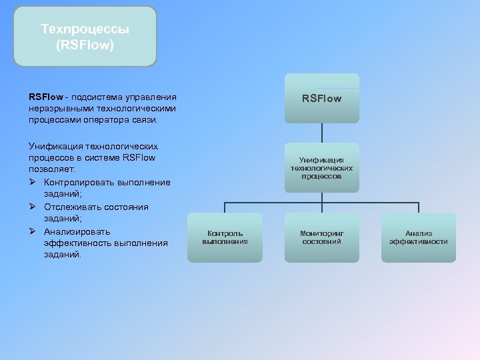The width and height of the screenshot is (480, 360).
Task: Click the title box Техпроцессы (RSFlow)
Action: click(x=85, y=37)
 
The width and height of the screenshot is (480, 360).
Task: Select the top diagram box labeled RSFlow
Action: click(x=321, y=99)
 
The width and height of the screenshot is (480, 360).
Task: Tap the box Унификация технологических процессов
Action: click(x=321, y=168)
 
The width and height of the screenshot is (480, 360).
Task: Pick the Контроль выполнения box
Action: click(x=225, y=237)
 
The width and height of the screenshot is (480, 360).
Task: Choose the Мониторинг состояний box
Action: click(x=321, y=237)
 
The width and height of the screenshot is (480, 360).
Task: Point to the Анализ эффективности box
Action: click(x=418, y=237)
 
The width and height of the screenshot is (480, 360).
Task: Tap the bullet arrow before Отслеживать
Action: click(x=33, y=207)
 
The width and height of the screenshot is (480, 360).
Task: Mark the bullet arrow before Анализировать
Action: click(x=33, y=231)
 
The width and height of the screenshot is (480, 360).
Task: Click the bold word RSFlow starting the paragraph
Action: click(x=45, y=97)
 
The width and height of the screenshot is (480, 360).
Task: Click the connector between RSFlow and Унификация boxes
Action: click(x=321, y=133)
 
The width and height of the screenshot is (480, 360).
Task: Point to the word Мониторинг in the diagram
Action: click(x=321, y=233)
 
